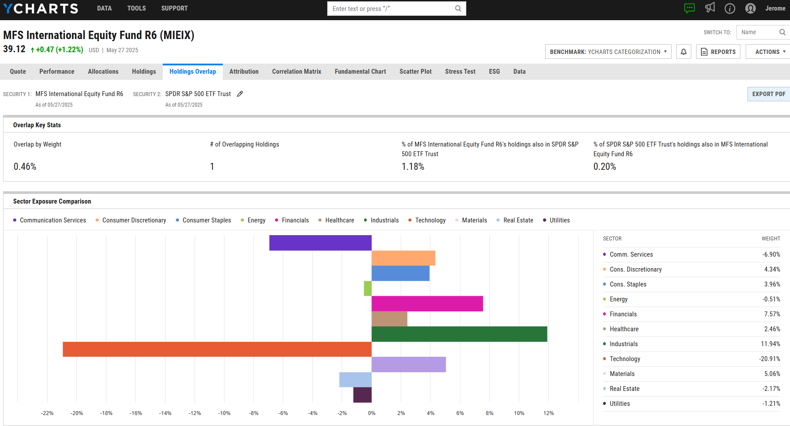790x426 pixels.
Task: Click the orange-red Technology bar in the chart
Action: tap(217, 349)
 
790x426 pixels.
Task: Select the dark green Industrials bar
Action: tap(459, 334)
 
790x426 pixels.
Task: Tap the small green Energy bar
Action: tap(368, 288)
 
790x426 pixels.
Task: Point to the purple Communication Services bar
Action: tap(320, 243)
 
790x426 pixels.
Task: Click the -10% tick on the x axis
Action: tap(224, 413)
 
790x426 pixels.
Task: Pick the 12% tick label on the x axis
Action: tap(548, 413)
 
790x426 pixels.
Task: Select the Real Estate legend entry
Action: tap(518, 220)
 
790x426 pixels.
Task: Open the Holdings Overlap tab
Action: tap(193, 72)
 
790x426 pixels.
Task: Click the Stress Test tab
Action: tap(460, 72)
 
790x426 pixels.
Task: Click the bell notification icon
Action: tap(683, 52)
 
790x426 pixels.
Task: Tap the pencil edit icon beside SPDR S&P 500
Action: tap(240, 94)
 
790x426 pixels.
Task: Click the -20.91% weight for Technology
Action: tap(769, 359)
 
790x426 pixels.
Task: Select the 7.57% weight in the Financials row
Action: tap(772, 314)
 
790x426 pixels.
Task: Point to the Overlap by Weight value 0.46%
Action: tap(25, 167)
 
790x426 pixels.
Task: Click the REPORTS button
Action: tap(718, 52)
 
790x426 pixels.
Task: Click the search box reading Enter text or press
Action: tap(393, 9)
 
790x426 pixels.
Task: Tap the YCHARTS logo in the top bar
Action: tap(40, 8)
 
